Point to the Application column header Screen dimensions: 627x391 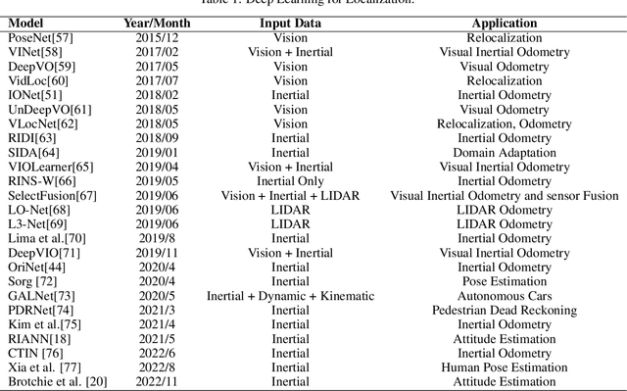(505, 22)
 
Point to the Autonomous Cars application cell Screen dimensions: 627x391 (505, 296)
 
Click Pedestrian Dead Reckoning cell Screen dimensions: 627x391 (505, 311)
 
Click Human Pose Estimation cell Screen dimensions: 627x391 (505, 367)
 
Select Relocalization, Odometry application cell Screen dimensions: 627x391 (505, 123)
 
